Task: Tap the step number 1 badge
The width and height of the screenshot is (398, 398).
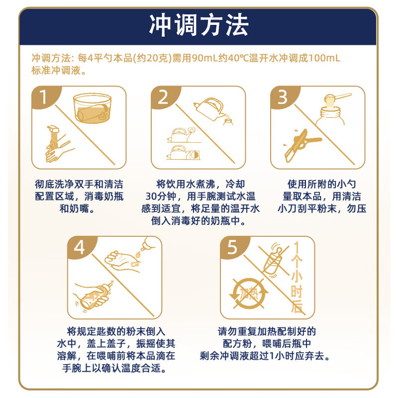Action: (43, 98)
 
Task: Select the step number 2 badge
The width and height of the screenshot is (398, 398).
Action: (163, 98)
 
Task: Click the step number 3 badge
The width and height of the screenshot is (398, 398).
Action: (282, 98)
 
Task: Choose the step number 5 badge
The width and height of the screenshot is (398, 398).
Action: (232, 247)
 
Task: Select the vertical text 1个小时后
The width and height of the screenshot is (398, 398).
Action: (297, 279)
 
